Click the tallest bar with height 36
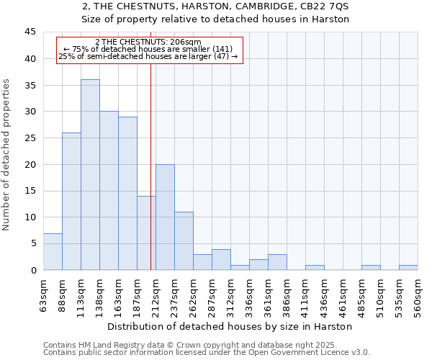pyautogui.click(x=90, y=175)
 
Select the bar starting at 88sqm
pyautogui.click(x=71, y=202)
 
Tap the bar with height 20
pyautogui.click(x=165, y=217)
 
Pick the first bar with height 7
pyautogui.click(x=53, y=252)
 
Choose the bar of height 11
pyautogui.click(x=184, y=241)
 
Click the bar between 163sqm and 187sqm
pyautogui.click(x=127, y=194)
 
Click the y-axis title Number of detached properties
pyautogui.click(x=7, y=155)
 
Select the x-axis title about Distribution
pyautogui.click(x=229, y=326)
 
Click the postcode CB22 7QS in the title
pyautogui.click(x=327, y=6)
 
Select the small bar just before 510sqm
pyautogui.click(x=371, y=268)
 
